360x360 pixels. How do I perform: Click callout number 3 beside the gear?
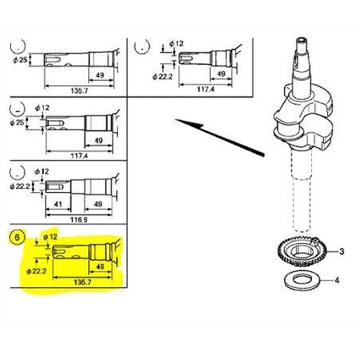coord(341,251)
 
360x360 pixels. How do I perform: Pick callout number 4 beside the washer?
coord(337,281)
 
